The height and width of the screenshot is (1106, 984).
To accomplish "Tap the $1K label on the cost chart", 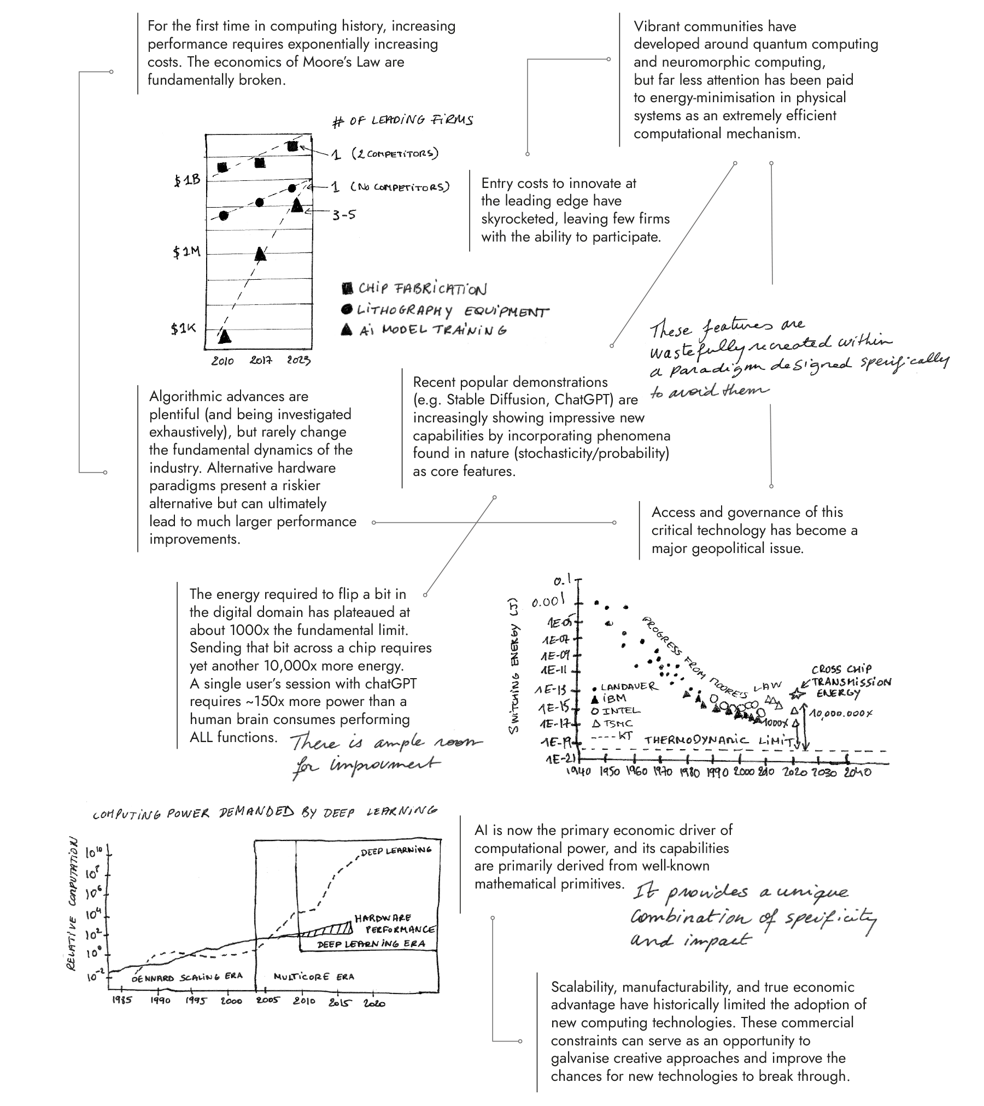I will click(183, 328).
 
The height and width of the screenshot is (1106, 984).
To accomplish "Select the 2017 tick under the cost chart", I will click(261, 361).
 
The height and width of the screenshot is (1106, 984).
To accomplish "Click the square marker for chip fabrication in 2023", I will click(292, 146).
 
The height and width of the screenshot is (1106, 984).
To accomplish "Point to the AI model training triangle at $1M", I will click(261, 254).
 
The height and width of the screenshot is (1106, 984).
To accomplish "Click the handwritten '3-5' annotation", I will click(344, 215).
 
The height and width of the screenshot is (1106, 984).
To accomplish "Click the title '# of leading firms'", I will click(402, 120).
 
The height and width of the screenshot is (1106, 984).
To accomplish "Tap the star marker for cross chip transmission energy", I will click(797, 694).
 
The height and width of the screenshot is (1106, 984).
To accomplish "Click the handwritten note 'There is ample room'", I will click(385, 743).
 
